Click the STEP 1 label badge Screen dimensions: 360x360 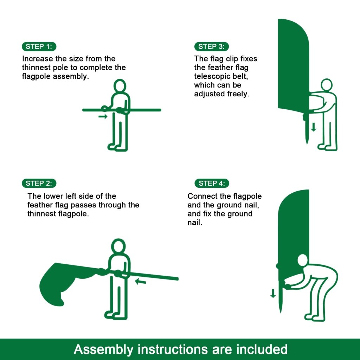39,46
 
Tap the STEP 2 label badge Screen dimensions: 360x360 39,183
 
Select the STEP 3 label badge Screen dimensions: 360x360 211,46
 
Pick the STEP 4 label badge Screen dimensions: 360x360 211,183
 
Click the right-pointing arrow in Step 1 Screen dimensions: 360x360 103,116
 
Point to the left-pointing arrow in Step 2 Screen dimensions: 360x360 141,281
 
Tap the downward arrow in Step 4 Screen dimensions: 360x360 273,293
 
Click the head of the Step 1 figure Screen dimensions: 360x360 120,86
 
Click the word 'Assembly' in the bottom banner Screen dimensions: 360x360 104,349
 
